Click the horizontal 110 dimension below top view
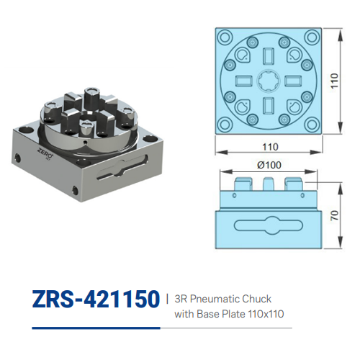(269, 147)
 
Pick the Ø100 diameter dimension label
(269, 165)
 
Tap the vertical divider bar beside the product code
(167, 298)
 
